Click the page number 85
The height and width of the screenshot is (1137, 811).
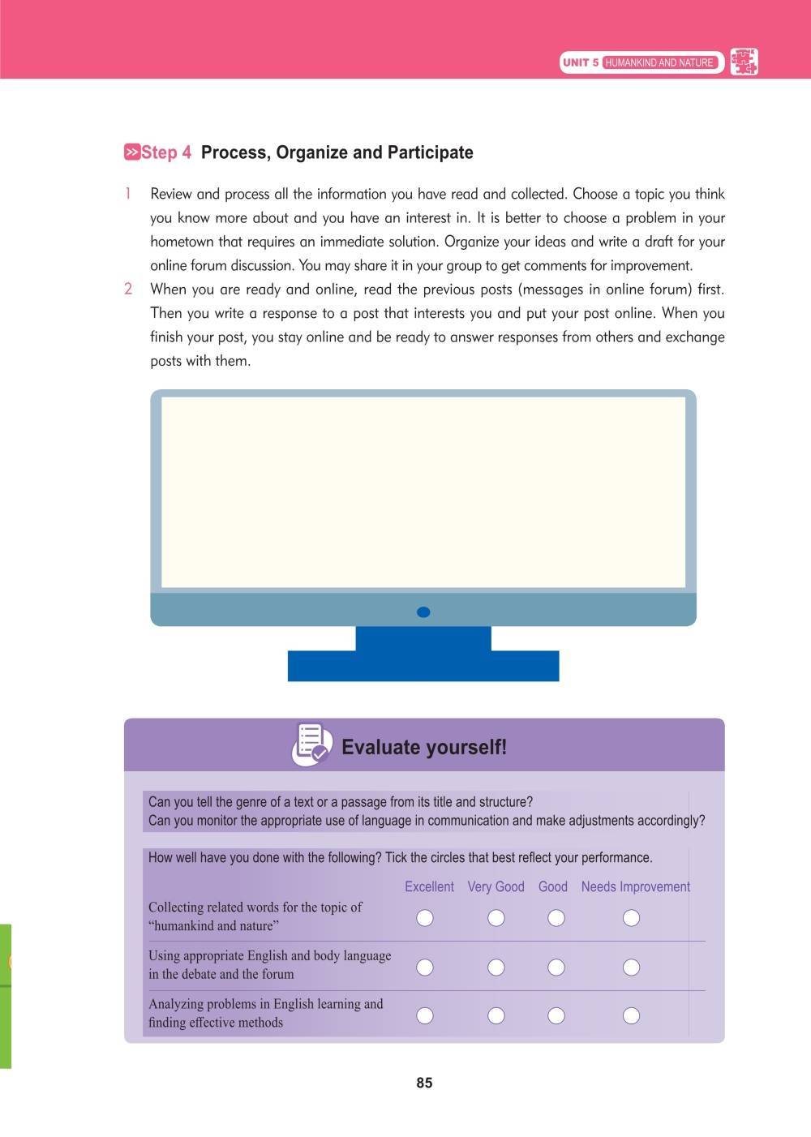(x=424, y=1083)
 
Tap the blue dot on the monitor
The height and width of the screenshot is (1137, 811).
(x=423, y=612)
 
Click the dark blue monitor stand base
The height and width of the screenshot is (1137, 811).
(x=423, y=665)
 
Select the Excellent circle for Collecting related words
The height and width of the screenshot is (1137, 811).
(x=424, y=917)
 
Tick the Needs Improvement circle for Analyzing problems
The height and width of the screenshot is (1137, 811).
(x=631, y=1015)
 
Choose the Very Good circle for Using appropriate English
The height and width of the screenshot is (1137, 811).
(x=496, y=967)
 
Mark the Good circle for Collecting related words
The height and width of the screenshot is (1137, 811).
(x=556, y=917)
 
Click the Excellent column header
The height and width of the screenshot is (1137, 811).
(x=429, y=886)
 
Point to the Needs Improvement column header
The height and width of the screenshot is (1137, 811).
(x=635, y=886)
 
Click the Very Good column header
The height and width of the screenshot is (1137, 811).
(x=496, y=886)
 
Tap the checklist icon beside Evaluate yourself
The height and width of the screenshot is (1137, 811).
(x=311, y=744)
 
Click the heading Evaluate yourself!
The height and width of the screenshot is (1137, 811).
(x=424, y=747)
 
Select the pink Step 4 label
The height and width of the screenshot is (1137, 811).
(x=166, y=152)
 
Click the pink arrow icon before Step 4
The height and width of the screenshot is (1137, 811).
(x=131, y=152)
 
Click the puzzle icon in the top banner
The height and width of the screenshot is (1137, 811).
(x=744, y=62)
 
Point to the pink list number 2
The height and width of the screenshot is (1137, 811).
(x=128, y=290)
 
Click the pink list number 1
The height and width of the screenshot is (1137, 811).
(x=128, y=194)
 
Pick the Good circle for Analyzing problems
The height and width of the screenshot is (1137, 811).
(x=556, y=1015)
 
